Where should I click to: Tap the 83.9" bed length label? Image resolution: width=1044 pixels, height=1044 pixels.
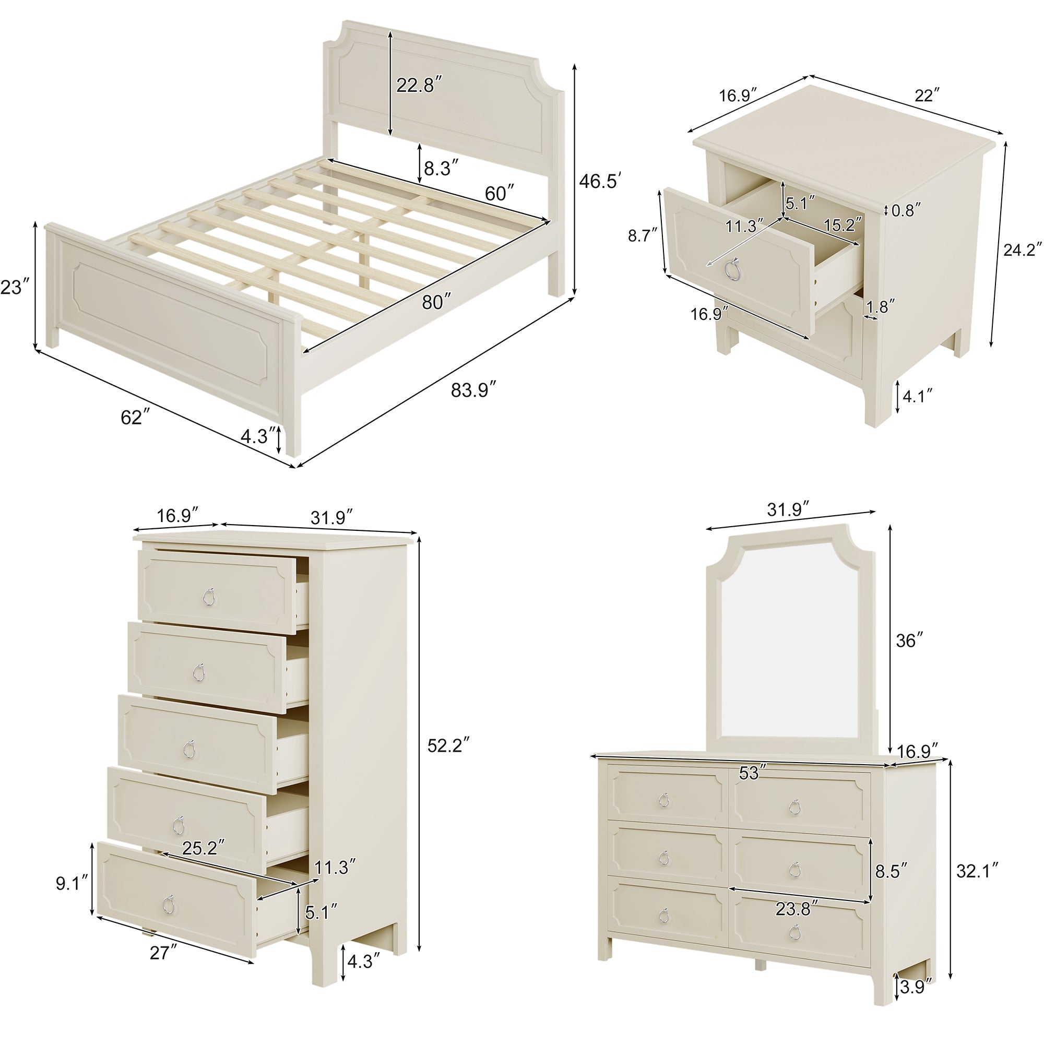(x=474, y=389)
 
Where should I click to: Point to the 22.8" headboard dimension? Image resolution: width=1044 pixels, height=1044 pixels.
(x=420, y=85)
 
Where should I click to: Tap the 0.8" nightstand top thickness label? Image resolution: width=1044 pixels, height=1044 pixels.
(x=906, y=210)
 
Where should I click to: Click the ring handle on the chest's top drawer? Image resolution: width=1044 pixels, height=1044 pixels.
(x=209, y=596)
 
